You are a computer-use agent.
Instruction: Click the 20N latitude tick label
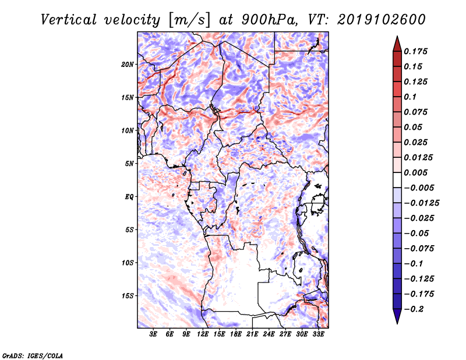tap(128, 65)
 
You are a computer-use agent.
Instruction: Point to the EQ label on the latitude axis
tap(129, 197)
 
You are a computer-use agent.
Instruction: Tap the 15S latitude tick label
tap(128, 296)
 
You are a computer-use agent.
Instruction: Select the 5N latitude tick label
tap(129, 164)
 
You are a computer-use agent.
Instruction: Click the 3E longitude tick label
tap(153, 334)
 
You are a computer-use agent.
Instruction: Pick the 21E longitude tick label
tap(252, 334)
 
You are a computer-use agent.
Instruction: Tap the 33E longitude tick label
tap(318, 334)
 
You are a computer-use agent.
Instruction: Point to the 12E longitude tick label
tap(202, 334)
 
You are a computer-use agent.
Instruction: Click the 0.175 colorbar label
tap(415, 51)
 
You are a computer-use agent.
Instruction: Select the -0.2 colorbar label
tap(414, 309)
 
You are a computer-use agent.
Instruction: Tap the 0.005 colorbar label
tap(415, 172)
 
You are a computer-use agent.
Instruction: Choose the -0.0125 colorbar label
tap(421, 203)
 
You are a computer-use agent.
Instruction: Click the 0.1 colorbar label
tap(410, 97)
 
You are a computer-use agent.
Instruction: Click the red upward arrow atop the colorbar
tap(397, 44)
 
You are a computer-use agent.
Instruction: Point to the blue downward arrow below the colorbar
tap(397, 316)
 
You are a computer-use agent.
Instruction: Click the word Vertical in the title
tap(69, 20)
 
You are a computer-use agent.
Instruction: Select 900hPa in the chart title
tap(270, 20)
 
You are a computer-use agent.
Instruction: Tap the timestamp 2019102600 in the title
tap(382, 20)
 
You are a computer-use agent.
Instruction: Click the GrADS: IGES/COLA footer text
tap(33, 355)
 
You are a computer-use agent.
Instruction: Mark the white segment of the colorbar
tap(397, 180)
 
